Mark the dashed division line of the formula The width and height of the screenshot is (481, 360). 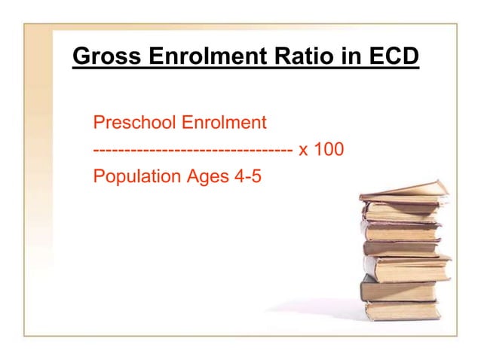coord(193,150)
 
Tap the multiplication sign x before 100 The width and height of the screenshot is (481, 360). coord(304,150)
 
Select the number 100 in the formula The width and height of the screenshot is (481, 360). coord(329,150)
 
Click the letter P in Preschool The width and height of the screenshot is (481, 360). coord(97,122)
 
